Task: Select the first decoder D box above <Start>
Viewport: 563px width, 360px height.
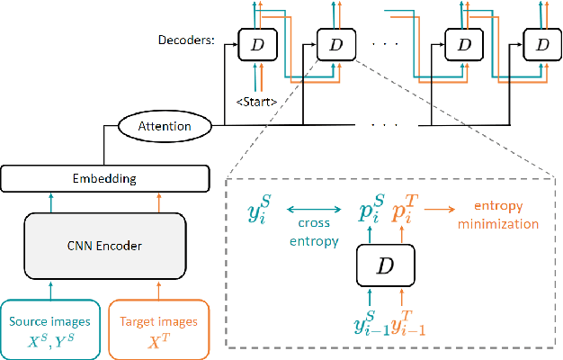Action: (255, 43)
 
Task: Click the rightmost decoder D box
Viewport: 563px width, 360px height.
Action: (543, 43)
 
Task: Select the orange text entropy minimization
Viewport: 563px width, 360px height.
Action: (498, 215)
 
